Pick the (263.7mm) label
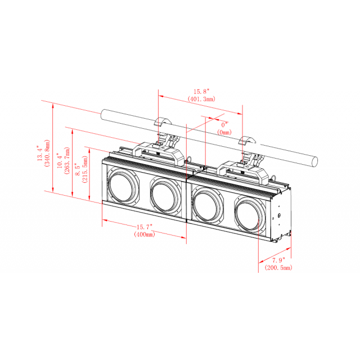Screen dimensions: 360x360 (67, 160)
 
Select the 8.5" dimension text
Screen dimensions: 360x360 (78, 166)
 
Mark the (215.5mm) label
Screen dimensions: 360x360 (85, 166)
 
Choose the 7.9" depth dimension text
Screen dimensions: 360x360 (277, 260)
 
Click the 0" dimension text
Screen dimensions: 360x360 (225, 124)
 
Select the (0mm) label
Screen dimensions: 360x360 (225, 132)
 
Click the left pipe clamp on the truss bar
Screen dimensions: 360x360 (163, 124)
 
